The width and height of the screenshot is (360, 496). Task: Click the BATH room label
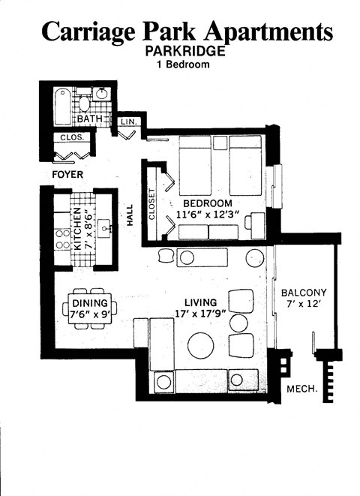91,119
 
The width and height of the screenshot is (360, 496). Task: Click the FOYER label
67,175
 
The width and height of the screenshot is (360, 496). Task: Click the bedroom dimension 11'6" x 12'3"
206,215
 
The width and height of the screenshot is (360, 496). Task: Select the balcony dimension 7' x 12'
304,305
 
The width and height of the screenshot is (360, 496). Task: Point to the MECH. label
304,389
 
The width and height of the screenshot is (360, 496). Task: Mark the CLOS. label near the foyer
72,137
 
